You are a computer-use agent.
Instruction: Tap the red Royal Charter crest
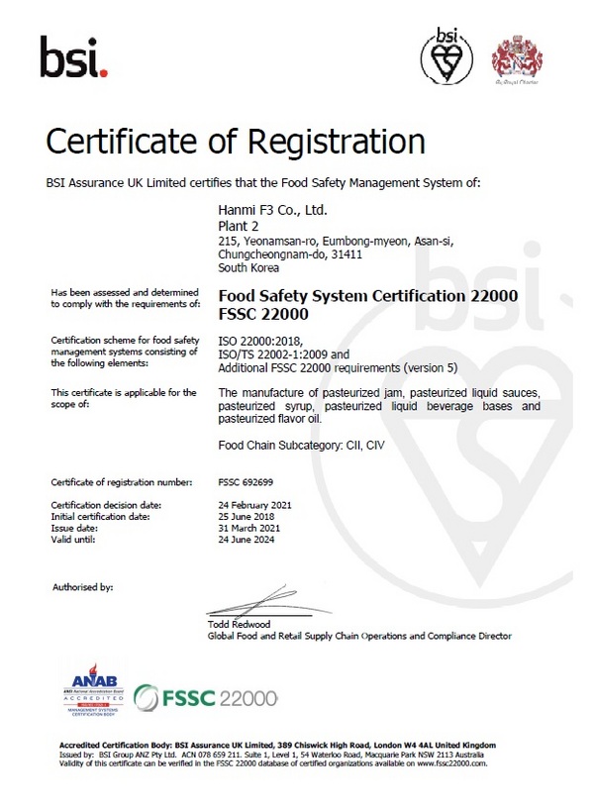pos(520,56)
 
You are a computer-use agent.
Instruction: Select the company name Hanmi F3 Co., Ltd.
pos(271,211)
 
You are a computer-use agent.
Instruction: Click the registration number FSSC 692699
pos(247,482)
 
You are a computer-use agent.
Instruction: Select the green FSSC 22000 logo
pos(205,696)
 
